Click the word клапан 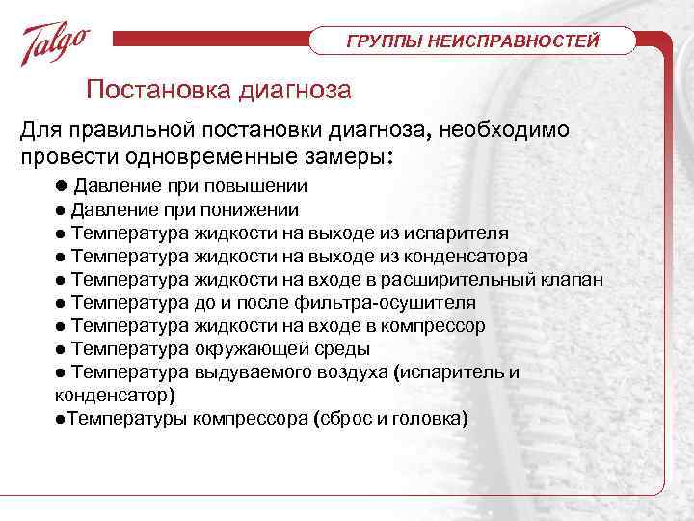click(x=574, y=279)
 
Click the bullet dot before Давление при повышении click(x=60, y=186)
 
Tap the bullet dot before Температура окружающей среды click(x=61, y=348)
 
